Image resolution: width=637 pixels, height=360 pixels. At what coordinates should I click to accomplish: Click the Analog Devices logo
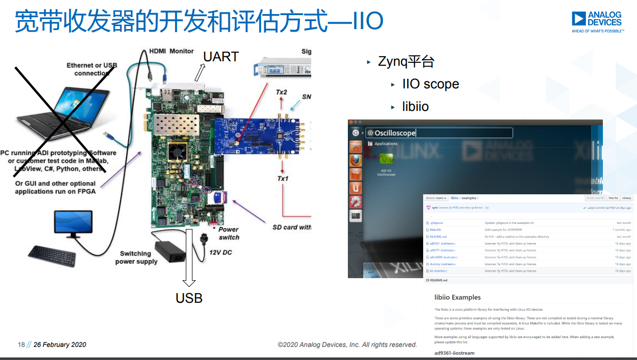coord(597,22)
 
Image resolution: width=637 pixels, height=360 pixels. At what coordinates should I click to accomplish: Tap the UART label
coord(220,57)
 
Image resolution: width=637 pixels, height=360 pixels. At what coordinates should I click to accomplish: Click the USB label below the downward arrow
coord(189,298)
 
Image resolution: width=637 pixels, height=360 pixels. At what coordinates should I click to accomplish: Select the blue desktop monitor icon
coord(73,223)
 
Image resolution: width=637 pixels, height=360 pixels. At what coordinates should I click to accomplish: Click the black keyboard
coord(52,255)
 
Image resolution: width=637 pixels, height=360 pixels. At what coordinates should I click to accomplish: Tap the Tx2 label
coord(282,92)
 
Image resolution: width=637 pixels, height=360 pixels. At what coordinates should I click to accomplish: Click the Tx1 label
coord(283,179)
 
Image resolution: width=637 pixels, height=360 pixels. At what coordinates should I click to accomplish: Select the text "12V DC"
coord(220,252)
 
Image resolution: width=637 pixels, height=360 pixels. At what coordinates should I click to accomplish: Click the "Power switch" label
coord(229,233)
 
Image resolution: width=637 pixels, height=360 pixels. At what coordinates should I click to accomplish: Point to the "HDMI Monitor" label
coord(171,51)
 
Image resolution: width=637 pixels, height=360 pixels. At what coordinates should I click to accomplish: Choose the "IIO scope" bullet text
coord(430,84)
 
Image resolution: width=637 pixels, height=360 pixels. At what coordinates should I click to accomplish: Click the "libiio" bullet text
coord(415,106)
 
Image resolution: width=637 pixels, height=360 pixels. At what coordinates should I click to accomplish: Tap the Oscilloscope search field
coord(439,133)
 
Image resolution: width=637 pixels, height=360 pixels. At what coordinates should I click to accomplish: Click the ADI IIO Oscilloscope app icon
coord(386,160)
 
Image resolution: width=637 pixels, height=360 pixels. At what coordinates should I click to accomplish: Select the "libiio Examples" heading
coord(457,297)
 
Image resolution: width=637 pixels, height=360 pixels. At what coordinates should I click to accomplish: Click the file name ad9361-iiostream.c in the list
coord(442,244)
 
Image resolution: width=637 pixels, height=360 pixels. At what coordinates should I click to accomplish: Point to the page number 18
coord(21,344)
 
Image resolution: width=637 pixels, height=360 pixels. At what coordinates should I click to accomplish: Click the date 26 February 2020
coord(60,344)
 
